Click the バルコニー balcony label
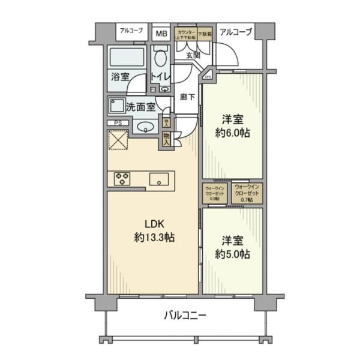185,316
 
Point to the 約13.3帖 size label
154,238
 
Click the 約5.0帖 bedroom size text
232,254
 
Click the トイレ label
160,76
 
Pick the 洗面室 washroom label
141,107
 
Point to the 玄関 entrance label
193,56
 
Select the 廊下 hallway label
187,96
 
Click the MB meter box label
161,33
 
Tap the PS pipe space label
117,124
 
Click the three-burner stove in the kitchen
122,178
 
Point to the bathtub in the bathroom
127,59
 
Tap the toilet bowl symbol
160,60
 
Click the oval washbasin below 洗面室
144,127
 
